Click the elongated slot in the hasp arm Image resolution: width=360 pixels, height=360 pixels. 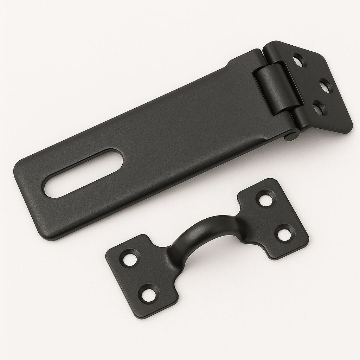click(x=83, y=173)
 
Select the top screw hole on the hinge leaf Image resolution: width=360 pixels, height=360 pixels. click(x=299, y=60)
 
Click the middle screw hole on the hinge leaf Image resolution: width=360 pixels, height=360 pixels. click(x=326, y=85)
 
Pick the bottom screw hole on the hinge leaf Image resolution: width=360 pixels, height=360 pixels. click(x=319, y=108)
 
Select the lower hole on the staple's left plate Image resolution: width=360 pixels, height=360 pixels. click(x=148, y=293)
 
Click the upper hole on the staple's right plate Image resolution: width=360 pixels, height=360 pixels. click(x=266, y=199)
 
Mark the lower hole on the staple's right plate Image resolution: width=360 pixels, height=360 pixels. click(x=284, y=233)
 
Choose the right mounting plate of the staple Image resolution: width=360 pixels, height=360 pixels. click(x=274, y=218)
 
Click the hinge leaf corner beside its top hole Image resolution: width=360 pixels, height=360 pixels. click(x=278, y=44)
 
